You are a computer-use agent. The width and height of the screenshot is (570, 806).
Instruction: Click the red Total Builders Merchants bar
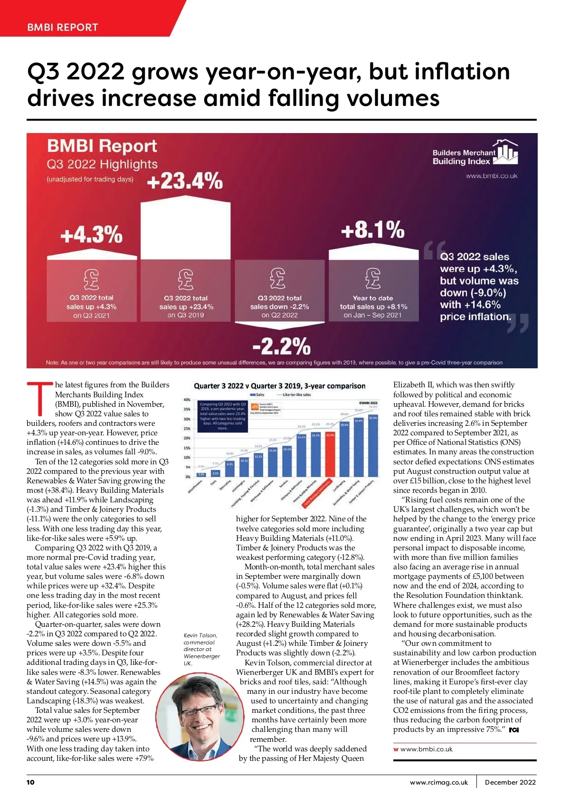pyautogui.click(x=330, y=453)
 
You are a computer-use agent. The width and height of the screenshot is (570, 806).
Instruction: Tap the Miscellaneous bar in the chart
pyautogui.click(x=201, y=474)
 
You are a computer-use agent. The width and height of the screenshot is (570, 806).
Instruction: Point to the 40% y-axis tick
pyautogui.click(x=187, y=400)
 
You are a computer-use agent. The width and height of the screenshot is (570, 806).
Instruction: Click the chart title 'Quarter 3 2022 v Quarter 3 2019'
pyautogui.click(x=279, y=386)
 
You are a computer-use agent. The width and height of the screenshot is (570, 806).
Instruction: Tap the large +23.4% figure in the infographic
pyautogui.click(x=185, y=181)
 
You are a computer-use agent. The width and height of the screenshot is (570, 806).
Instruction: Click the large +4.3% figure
pyautogui.click(x=91, y=235)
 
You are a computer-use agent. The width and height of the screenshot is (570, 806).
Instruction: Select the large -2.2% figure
pyautogui.click(x=281, y=346)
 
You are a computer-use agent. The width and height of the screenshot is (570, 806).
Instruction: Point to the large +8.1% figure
pyautogui.click(x=373, y=230)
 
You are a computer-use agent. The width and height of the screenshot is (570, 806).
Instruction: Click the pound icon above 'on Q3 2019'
pyautogui.click(x=186, y=279)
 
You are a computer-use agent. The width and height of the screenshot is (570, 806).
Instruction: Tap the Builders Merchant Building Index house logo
pyautogui.click(x=505, y=152)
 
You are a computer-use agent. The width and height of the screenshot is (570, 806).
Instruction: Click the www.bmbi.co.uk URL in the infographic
pyautogui.click(x=491, y=176)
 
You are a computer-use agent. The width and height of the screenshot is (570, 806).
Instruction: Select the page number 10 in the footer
pyautogui.click(x=30, y=782)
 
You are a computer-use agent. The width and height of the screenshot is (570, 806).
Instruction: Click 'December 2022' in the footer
pyautogui.click(x=510, y=782)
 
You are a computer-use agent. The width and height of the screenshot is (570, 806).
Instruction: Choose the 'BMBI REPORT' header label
pyautogui.click(x=63, y=27)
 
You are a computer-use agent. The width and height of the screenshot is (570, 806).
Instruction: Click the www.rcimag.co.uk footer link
pyautogui.click(x=438, y=782)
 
